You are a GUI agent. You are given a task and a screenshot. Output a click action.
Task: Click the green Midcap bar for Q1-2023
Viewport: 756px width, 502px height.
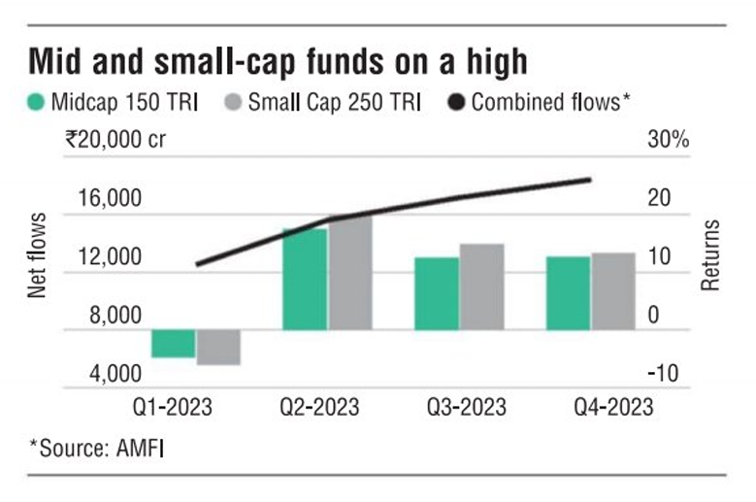click(173, 344)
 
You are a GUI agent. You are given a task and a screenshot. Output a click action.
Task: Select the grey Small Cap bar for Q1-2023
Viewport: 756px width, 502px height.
click(218, 348)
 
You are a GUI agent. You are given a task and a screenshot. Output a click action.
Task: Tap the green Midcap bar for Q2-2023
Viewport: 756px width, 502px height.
click(305, 280)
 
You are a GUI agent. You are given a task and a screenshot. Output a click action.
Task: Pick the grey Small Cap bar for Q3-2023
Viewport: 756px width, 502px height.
click(481, 286)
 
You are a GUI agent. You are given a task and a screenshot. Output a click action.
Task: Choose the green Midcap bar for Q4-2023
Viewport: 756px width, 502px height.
click(568, 293)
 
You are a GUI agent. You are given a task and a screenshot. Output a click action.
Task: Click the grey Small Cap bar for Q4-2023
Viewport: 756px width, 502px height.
click(613, 291)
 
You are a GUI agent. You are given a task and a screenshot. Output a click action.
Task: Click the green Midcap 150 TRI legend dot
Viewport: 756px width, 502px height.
click(36, 102)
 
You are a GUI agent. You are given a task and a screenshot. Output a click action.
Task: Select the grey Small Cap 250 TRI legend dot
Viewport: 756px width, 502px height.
click(233, 102)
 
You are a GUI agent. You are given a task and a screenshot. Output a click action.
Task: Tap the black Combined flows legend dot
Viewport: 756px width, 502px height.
click(456, 102)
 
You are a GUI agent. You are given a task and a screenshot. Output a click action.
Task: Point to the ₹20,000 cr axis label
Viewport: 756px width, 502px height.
click(115, 140)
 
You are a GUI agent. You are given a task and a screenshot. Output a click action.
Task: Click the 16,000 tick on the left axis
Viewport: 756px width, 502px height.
click(111, 198)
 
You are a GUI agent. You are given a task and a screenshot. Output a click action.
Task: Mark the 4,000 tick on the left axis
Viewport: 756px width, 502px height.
click(115, 374)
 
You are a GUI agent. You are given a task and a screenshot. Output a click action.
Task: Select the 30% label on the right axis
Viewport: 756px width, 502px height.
click(669, 140)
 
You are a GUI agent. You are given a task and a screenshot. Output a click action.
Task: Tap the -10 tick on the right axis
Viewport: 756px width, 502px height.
click(663, 373)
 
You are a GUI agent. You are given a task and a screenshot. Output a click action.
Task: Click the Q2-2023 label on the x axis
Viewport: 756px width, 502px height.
click(319, 408)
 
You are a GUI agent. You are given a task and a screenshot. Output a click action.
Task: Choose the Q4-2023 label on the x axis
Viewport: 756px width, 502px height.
click(613, 408)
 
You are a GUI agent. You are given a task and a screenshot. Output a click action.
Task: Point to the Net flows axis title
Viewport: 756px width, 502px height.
click(37, 255)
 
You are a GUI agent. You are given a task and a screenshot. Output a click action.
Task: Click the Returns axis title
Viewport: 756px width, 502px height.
click(710, 255)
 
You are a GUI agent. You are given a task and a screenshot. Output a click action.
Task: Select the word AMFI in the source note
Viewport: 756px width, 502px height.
click(141, 449)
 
